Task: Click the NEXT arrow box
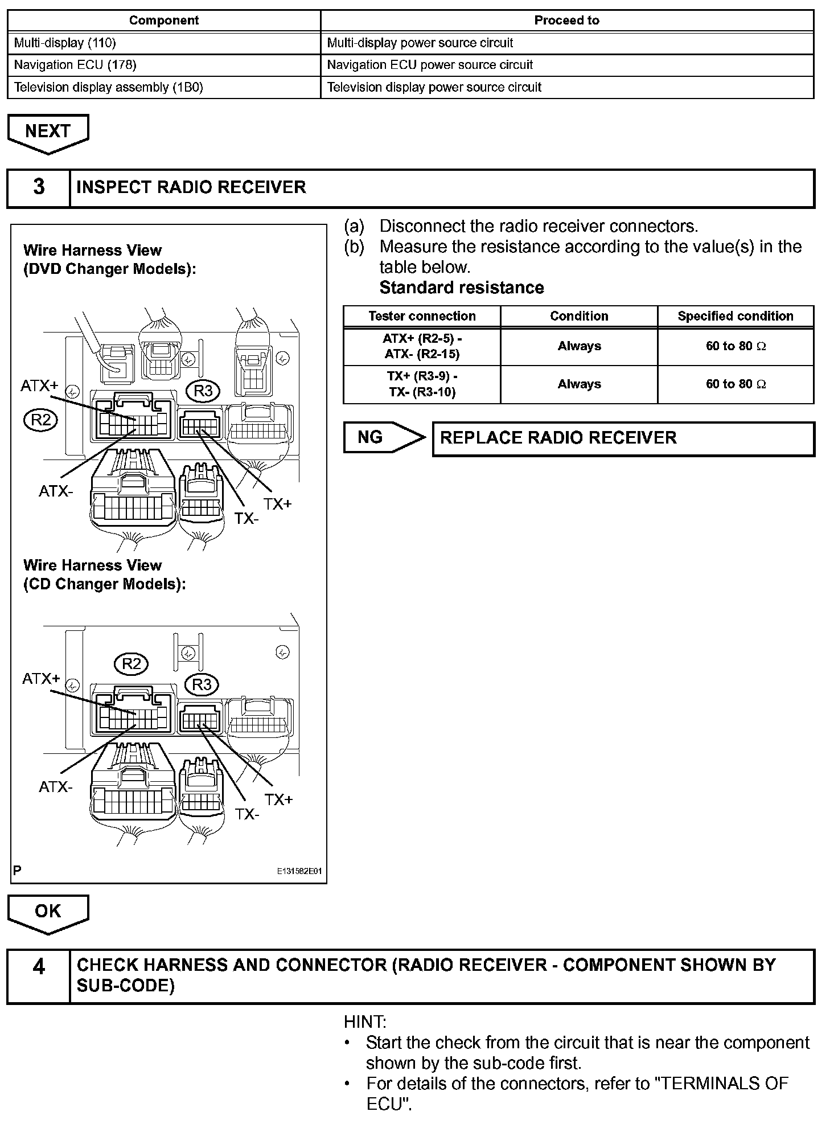tap(48, 132)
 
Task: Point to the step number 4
tap(39, 966)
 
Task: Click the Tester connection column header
tap(422, 316)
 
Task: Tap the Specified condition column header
tap(735, 316)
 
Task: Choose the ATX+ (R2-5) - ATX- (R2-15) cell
tap(422, 346)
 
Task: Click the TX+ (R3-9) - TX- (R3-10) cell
tap(422, 384)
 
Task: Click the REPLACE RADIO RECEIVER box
tap(623, 438)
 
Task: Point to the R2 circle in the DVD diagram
tap(41, 420)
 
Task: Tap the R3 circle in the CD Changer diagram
tap(202, 684)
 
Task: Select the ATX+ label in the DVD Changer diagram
tap(39, 385)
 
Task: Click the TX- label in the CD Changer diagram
tap(247, 814)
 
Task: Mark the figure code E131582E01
tap(299, 872)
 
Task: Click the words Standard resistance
tap(462, 288)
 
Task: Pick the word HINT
tap(365, 1022)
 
